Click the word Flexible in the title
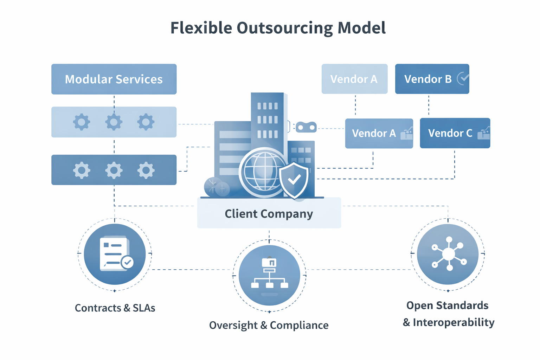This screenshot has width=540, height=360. click(x=201, y=28)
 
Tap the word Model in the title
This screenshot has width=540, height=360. click(x=361, y=28)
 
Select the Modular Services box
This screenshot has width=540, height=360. click(x=114, y=79)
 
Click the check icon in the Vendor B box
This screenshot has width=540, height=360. click(x=463, y=78)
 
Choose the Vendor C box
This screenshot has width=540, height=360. click(x=455, y=133)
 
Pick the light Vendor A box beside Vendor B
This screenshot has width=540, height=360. click(x=354, y=79)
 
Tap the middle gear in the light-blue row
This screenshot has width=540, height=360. click(x=114, y=122)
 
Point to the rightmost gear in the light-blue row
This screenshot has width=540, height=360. click(x=146, y=122)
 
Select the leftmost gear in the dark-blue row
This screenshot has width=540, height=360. click(x=82, y=170)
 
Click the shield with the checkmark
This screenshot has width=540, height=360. click(x=294, y=180)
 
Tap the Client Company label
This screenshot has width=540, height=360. click(x=269, y=213)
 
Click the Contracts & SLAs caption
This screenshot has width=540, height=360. click(x=115, y=308)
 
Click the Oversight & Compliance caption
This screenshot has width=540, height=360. click(x=269, y=325)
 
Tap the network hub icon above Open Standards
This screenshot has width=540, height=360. click(x=448, y=254)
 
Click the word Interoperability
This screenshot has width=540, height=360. click(x=454, y=322)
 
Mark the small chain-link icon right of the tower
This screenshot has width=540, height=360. click(x=306, y=127)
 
